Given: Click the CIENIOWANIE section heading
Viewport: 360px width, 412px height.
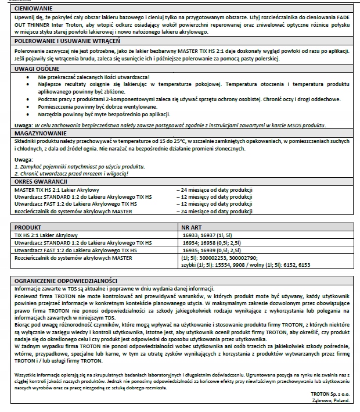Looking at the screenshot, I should coord(35,9).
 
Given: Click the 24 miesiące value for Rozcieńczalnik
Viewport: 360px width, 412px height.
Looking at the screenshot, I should coord(215,212).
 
